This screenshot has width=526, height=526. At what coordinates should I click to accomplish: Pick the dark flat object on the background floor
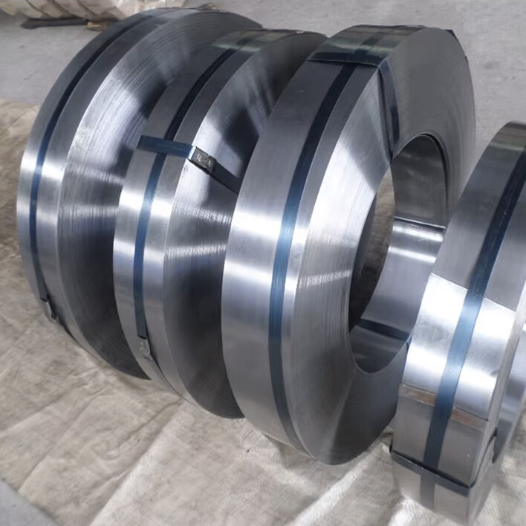coord(56,22)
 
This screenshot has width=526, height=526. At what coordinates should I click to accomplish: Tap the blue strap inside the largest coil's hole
coord(383,327)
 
